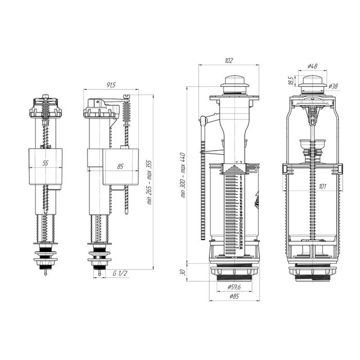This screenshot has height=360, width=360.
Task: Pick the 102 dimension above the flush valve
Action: point(229,61)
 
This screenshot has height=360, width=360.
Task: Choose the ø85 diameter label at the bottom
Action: point(234,296)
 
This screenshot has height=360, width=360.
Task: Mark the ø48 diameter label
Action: point(312,66)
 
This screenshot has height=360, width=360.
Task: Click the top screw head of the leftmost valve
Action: point(45,96)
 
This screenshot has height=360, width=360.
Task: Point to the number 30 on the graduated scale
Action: point(240,249)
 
